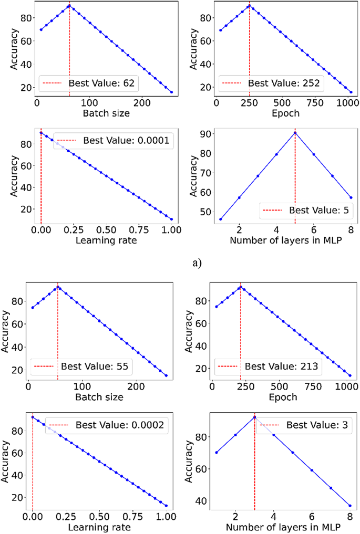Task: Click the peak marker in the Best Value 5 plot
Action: tap(295, 132)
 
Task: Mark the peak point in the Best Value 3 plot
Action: tap(254, 417)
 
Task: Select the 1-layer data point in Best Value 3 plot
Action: tap(217, 453)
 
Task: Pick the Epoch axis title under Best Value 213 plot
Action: tap(284, 397)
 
